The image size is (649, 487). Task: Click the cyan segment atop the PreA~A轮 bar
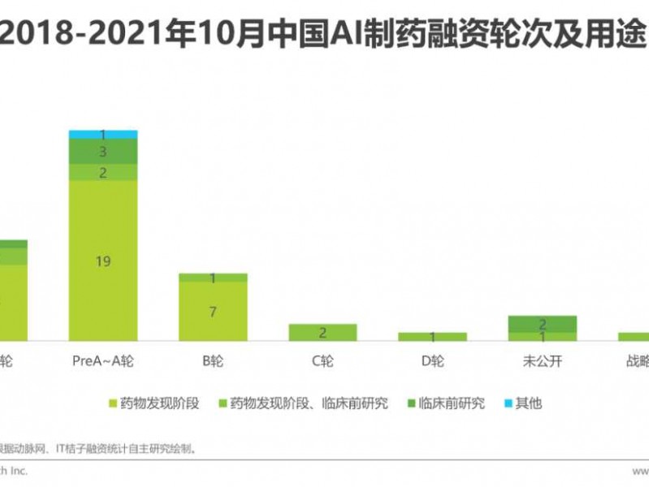[103, 134]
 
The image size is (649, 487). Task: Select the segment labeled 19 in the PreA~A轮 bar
[103, 260]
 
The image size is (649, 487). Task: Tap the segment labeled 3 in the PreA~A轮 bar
[103, 152]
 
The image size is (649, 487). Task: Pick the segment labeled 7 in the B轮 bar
[213, 312]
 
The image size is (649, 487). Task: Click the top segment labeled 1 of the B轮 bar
[213, 278]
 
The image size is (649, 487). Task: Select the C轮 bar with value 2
[322, 332]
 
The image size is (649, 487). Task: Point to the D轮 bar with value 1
[432, 336]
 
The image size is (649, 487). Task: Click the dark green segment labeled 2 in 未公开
[542, 324]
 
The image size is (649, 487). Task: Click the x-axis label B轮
[213, 361]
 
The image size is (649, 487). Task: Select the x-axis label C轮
[322, 361]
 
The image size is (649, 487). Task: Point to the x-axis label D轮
[432, 361]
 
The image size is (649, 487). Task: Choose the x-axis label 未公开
[542, 361]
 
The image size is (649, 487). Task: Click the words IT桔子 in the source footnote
[84, 447]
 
